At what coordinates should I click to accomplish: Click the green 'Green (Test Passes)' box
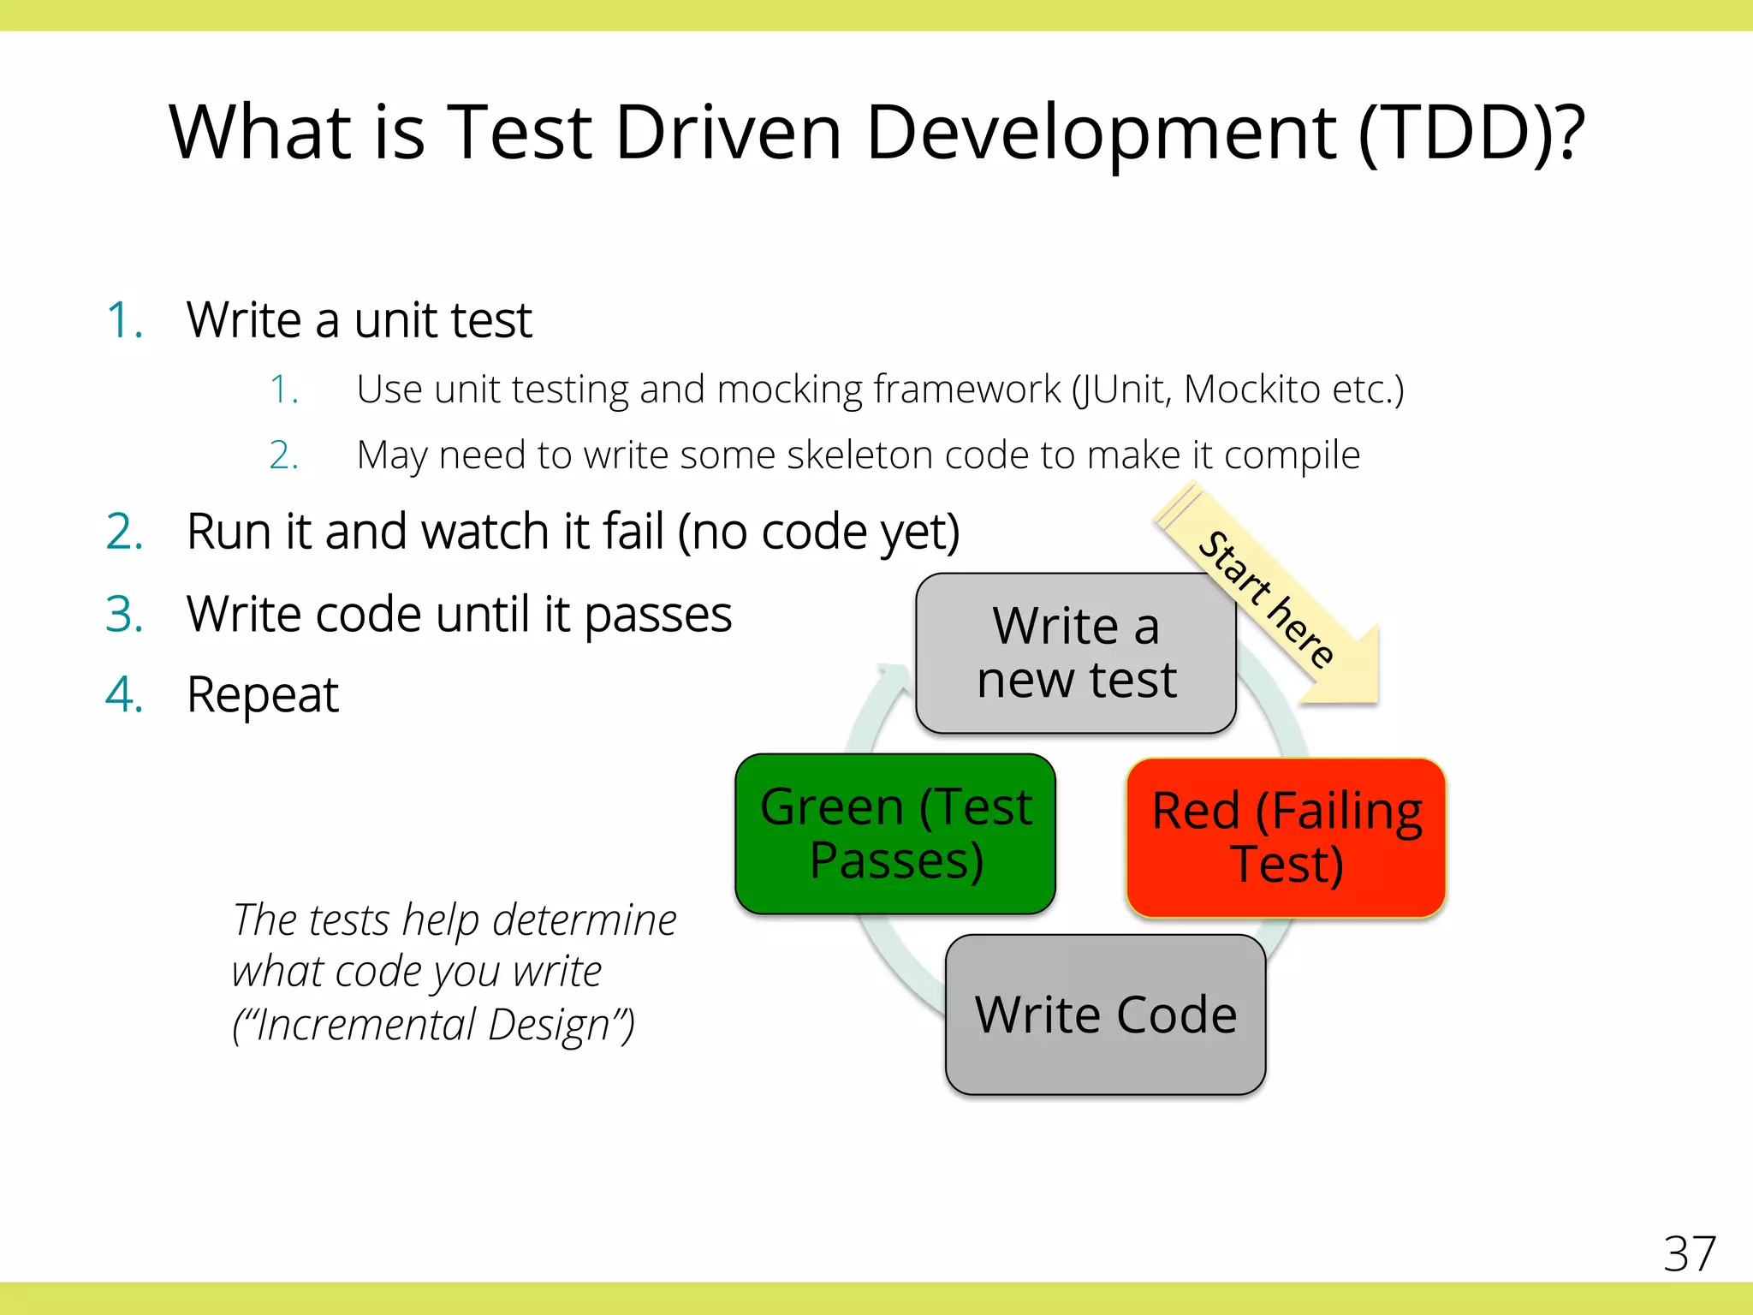(x=895, y=833)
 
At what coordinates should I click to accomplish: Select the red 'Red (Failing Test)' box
(x=1287, y=837)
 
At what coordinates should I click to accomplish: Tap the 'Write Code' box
(x=1105, y=1015)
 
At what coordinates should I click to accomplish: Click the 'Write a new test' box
(x=1076, y=652)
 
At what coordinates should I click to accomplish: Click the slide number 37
(x=1689, y=1254)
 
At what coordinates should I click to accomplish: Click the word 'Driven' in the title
(x=728, y=133)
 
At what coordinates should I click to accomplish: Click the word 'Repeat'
(x=263, y=694)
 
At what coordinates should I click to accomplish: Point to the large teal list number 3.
(x=124, y=615)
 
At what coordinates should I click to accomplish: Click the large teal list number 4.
(x=124, y=694)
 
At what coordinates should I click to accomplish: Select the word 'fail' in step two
(x=633, y=532)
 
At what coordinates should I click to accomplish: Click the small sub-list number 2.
(x=282, y=455)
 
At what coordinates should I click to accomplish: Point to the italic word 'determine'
(x=585, y=920)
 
